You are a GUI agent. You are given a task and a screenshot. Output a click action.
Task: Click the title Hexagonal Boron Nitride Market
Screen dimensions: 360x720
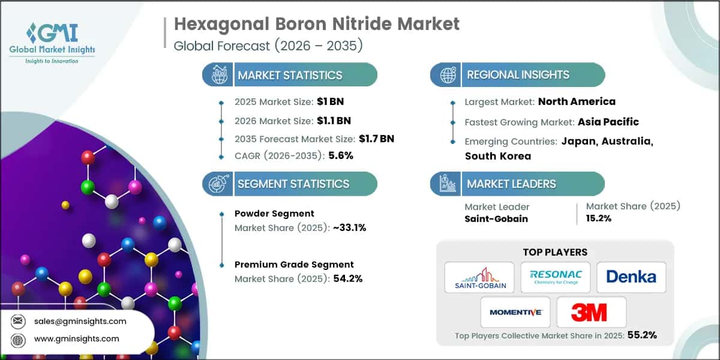click(317, 24)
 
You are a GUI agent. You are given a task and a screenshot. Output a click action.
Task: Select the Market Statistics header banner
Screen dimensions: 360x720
click(290, 75)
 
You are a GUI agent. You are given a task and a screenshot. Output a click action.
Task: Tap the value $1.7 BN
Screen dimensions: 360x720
click(376, 139)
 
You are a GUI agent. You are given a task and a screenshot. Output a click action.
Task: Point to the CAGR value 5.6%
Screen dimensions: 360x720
click(341, 155)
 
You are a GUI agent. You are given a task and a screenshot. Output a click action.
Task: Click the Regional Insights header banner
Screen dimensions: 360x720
click(518, 75)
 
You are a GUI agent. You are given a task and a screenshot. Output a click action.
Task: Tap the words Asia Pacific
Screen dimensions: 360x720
click(608, 122)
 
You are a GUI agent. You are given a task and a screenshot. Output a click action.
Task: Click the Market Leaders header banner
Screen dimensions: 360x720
click(517, 184)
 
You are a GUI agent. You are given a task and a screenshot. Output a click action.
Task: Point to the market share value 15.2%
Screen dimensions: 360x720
click(599, 218)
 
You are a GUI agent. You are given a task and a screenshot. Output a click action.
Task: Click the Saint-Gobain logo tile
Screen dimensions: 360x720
click(479, 277)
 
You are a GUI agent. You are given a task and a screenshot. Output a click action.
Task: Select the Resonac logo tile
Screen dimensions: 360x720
click(556, 277)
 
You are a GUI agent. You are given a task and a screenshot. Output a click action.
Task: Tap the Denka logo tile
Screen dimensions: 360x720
click(631, 277)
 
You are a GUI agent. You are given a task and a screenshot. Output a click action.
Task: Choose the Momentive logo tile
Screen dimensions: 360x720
click(515, 311)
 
